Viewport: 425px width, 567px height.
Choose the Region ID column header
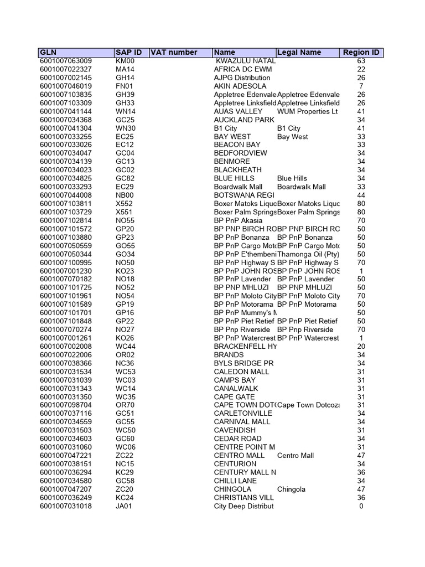(361, 53)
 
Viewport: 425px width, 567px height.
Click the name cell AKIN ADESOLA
(240, 86)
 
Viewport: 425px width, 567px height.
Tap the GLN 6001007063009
(66, 61)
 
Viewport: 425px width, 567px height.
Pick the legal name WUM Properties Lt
(307, 111)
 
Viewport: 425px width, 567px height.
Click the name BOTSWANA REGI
(244, 195)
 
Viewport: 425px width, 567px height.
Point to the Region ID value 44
(361, 195)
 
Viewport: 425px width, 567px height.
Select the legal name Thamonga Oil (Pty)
(308, 254)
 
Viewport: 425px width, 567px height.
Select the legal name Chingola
(291, 489)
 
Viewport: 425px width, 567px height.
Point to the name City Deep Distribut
(244, 506)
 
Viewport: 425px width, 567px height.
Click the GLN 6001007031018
(66, 506)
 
